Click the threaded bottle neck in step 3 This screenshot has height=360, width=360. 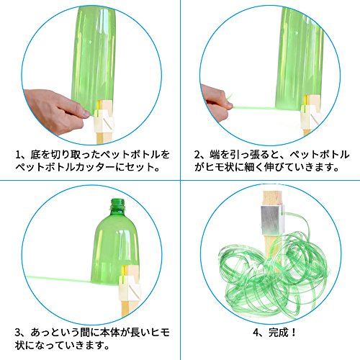(117, 204)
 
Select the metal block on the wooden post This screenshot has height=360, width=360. (273, 220)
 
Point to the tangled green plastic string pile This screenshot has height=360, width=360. (274, 274)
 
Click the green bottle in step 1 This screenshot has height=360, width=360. (93, 60)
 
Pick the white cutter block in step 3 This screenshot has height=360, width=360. (129, 283)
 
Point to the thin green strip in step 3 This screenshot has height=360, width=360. (59, 279)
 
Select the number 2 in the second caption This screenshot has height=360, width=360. (197, 155)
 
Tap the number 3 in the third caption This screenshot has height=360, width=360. (18, 333)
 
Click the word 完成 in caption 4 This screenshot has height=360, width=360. (278, 333)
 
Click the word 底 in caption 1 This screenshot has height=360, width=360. (35, 155)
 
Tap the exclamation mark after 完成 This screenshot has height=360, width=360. (293, 333)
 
